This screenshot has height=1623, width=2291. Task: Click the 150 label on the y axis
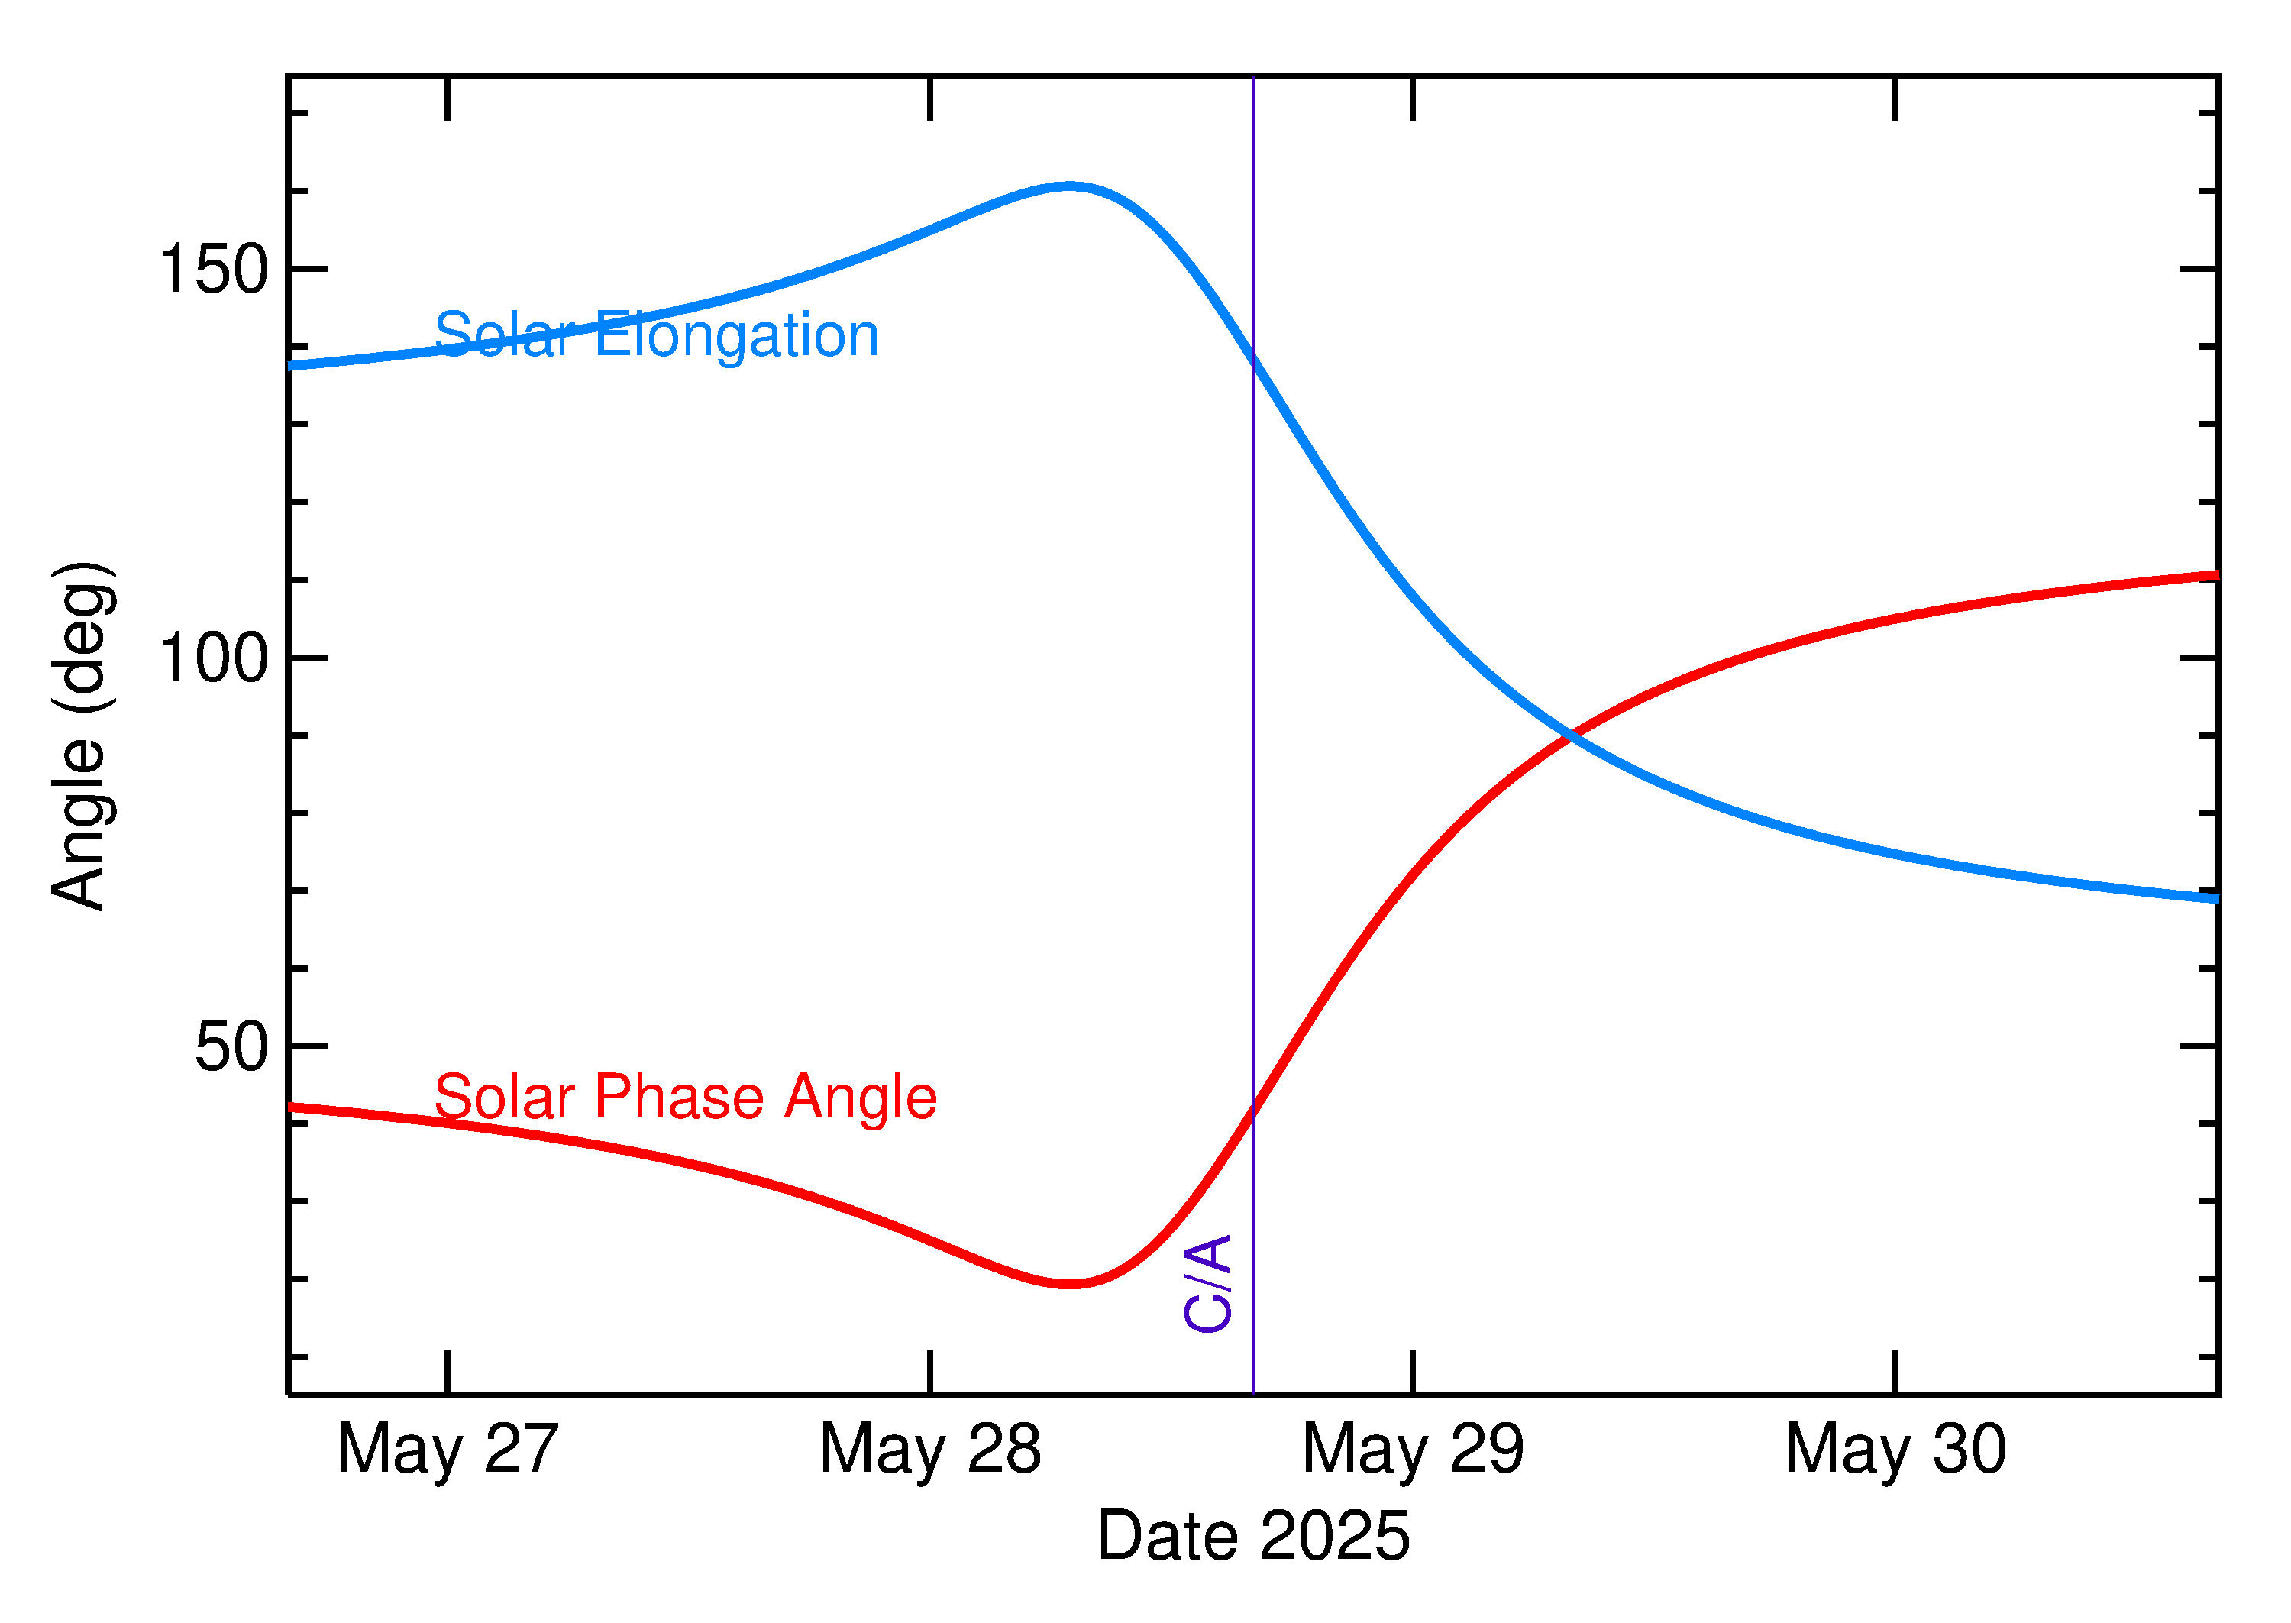coord(214,269)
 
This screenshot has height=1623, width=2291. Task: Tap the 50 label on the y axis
coord(232,1046)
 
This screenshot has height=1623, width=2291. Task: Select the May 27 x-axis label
coord(447,1449)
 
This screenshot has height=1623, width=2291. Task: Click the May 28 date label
coord(930,1449)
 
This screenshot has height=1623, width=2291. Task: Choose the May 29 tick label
coord(1413,1449)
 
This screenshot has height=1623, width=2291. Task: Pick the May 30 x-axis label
coord(1895,1449)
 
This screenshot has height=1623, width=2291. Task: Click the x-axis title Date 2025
coord(1253,1536)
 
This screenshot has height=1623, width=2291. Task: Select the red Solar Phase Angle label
coord(686,1098)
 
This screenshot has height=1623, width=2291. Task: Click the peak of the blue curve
coord(1069,186)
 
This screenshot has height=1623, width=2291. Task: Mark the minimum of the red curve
coord(1069,1284)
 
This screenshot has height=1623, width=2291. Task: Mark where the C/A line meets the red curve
coord(1253,1111)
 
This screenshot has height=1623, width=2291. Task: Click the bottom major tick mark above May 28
coord(930,1371)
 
